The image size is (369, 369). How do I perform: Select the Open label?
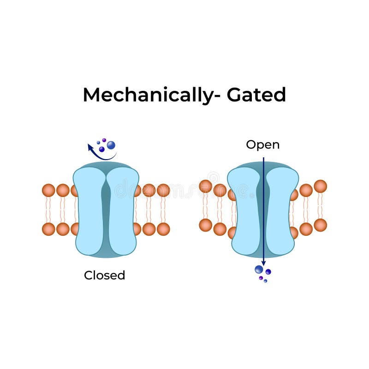262,145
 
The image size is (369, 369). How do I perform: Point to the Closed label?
104,275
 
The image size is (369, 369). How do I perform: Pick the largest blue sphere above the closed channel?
111,145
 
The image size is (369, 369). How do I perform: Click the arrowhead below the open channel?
263,263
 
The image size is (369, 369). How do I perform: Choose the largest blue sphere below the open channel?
259,269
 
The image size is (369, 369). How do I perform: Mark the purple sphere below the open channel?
261,278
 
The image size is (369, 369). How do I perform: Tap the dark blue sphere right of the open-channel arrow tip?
268,272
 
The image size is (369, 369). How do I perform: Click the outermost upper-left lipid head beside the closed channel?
48,190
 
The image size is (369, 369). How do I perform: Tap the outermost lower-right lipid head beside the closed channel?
163,229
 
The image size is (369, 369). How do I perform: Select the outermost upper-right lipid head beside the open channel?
320,186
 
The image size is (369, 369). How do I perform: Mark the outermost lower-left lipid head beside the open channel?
205,225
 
